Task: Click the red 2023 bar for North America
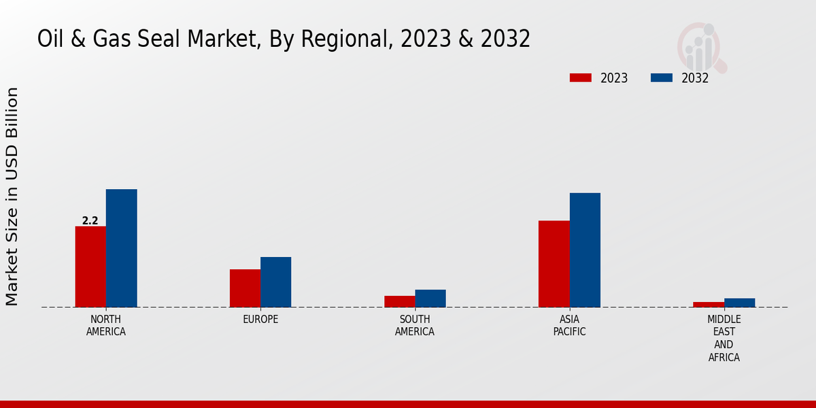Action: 90,267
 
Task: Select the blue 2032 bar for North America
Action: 122,248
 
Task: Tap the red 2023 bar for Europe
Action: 245,288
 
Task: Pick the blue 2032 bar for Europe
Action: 276,282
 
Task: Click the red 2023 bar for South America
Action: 400,301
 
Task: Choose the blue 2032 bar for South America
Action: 430,299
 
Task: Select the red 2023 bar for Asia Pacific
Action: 554,264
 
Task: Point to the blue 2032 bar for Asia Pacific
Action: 585,250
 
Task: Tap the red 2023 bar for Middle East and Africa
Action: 709,305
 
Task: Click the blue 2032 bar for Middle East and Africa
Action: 740,303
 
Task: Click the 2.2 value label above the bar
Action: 90,221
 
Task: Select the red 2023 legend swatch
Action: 581,78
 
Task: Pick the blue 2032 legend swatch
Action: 662,78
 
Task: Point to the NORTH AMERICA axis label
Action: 106,326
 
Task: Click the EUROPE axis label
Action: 260,320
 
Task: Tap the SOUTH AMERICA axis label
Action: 415,326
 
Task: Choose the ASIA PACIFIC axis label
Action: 569,326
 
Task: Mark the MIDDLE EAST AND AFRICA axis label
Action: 724,338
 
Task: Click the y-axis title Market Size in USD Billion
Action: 12,197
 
